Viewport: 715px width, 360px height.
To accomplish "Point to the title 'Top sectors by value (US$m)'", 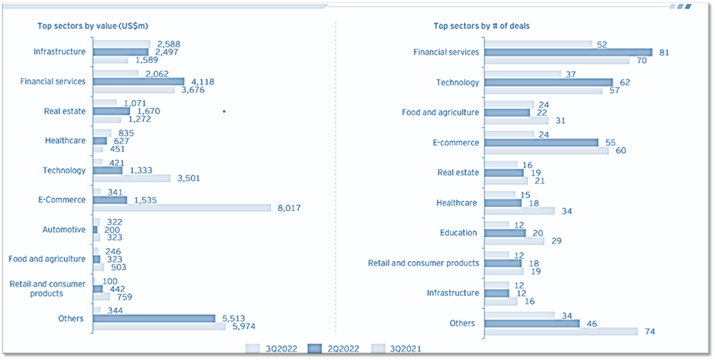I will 88,26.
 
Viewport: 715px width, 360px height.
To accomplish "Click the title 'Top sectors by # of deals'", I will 481,26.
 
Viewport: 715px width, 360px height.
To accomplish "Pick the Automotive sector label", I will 65,229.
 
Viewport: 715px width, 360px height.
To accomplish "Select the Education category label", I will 459,233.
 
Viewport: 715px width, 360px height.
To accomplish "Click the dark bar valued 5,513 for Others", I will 154,319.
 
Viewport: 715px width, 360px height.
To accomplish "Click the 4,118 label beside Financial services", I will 204,81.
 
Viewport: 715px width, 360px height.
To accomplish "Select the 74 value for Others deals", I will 648,331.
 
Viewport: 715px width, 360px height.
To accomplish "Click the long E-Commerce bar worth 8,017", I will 182,208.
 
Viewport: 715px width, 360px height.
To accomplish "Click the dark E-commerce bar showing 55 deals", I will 541,142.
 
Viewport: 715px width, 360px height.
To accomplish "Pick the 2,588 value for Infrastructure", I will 169,44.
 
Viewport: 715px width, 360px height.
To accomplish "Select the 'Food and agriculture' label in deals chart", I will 440,113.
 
